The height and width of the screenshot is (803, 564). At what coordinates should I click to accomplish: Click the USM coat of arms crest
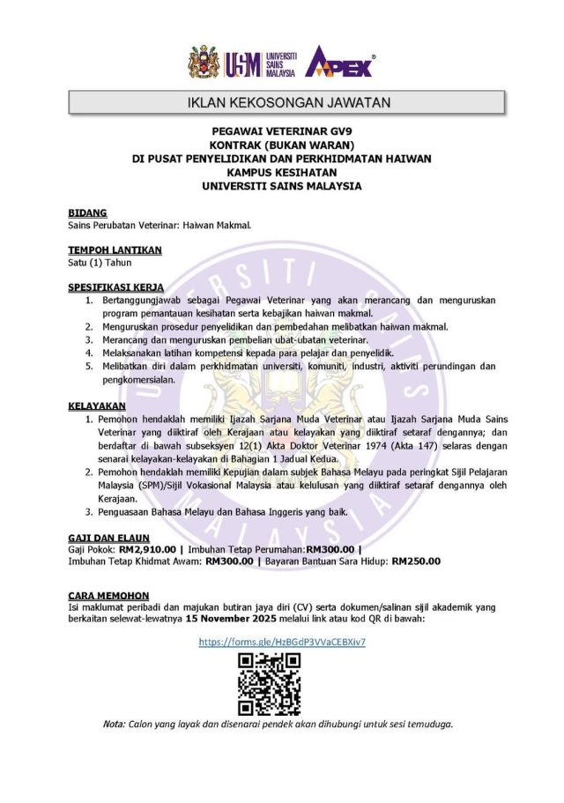click(204, 63)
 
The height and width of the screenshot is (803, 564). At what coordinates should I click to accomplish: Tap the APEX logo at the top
click(339, 63)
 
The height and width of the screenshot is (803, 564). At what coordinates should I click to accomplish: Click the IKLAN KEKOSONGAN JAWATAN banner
click(289, 103)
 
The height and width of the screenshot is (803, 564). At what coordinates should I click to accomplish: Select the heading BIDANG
click(87, 212)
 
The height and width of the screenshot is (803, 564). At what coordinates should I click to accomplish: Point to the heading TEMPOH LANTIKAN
click(115, 250)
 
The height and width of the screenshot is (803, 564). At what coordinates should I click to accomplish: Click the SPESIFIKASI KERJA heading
click(115, 288)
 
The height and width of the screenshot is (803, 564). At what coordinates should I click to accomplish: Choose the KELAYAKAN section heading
click(97, 406)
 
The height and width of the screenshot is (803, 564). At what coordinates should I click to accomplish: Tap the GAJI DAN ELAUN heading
click(108, 537)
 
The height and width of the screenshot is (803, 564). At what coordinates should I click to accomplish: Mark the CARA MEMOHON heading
click(108, 596)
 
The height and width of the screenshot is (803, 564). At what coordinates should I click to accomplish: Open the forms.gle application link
click(282, 642)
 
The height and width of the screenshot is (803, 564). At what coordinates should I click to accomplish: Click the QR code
click(270, 684)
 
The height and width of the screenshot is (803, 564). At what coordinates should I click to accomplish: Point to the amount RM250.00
click(416, 561)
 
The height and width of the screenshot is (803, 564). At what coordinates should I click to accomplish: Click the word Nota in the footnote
click(114, 724)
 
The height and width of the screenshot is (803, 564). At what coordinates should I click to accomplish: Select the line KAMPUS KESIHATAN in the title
click(281, 173)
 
